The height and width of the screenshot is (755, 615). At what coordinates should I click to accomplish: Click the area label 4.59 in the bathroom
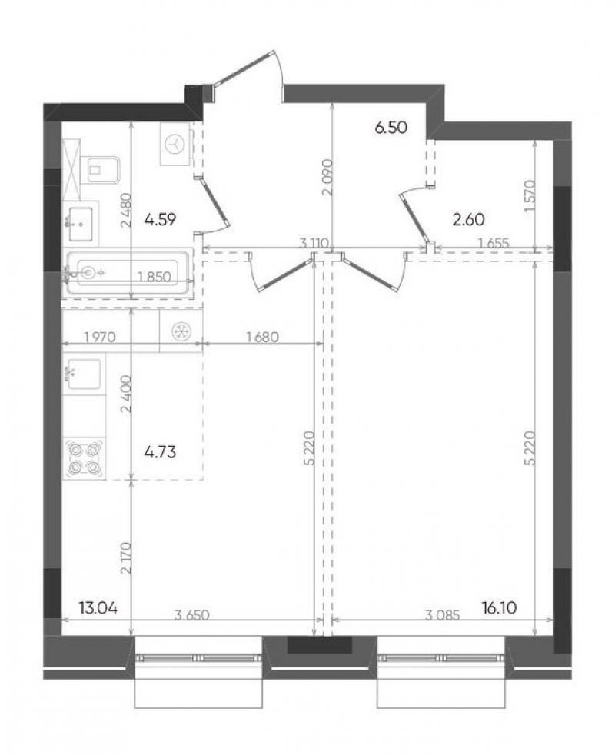point(161,220)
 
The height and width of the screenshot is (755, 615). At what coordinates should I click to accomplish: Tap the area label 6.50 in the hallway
point(391,128)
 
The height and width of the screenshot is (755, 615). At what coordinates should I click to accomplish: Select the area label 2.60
point(469,220)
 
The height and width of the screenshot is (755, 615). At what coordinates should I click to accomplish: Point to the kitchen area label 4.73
point(161,452)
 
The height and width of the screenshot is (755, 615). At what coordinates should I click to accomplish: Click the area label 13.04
point(98,608)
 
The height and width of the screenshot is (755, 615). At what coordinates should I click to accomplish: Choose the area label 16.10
point(499,608)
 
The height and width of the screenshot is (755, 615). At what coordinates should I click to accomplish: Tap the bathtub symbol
point(127,273)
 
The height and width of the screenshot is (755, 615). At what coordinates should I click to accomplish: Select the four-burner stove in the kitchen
point(85,458)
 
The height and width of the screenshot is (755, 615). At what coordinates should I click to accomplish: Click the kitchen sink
point(85,374)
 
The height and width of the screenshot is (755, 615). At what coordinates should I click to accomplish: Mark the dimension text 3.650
point(191,615)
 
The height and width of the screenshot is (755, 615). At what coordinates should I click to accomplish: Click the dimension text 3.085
point(443,615)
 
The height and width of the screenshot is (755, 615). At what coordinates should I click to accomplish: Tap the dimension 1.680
point(262,337)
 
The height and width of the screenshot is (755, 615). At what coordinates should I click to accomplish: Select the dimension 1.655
point(494,243)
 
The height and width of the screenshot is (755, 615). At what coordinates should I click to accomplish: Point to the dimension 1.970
point(100,337)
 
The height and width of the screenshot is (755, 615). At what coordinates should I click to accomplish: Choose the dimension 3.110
point(314,243)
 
